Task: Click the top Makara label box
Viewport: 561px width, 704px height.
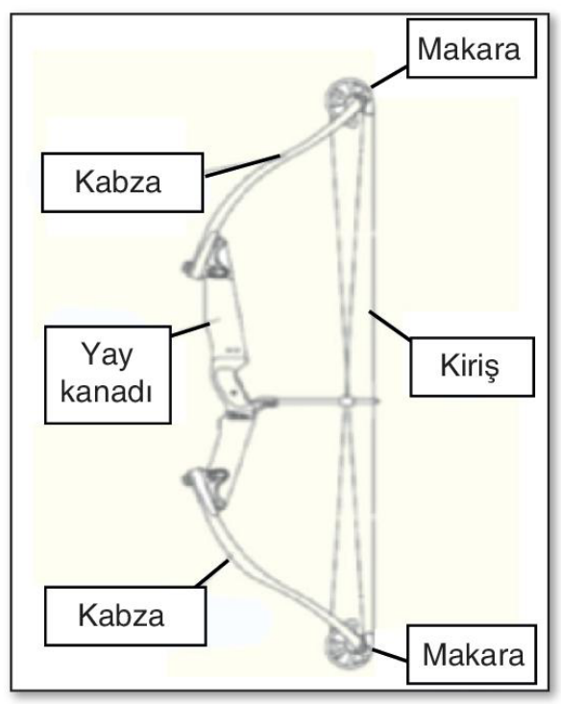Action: [x=472, y=48]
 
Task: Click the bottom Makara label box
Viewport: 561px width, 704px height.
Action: [x=472, y=654]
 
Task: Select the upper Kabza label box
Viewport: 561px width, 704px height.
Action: [x=123, y=182]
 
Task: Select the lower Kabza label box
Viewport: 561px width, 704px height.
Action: [x=126, y=616]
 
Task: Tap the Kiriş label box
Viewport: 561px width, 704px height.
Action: [x=472, y=367]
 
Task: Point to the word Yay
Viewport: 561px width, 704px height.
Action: [x=107, y=354]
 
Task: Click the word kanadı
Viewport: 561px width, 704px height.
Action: [x=107, y=392]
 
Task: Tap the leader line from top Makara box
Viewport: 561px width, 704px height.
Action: [x=389, y=77]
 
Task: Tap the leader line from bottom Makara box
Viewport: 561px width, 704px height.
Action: [x=390, y=655]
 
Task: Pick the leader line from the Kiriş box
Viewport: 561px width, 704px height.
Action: [x=389, y=325]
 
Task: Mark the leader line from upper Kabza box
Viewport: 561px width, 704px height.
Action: [x=242, y=165]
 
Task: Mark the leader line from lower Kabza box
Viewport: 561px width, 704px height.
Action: [x=212, y=573]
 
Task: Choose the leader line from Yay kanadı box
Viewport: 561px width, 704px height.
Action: [x=191, y=329]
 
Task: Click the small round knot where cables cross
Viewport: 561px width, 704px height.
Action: [x=346, y=401]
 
